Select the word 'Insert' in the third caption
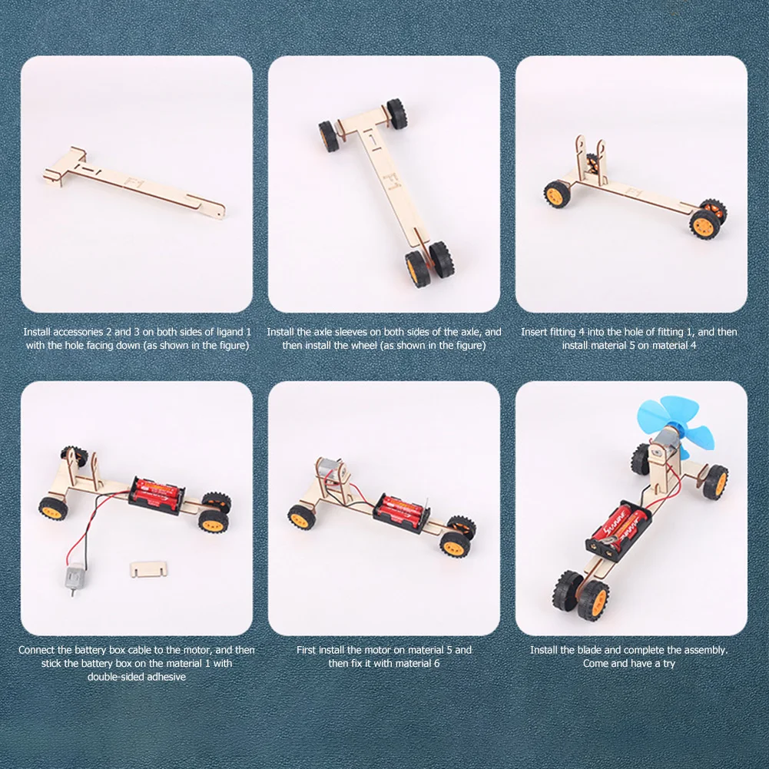[535, 332]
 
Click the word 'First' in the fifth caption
[309, 650]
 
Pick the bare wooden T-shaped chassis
[131, 181]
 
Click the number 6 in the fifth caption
[437, 663]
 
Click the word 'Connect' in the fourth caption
[37, 650]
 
